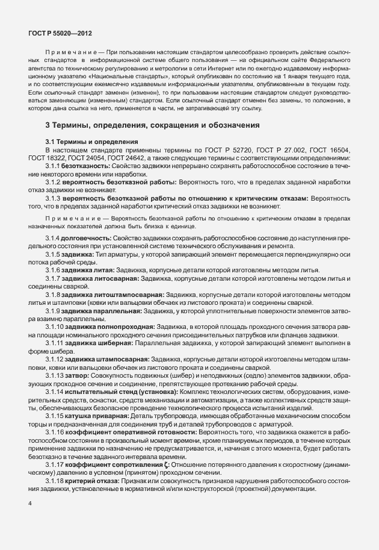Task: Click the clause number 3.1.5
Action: [54, 254]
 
